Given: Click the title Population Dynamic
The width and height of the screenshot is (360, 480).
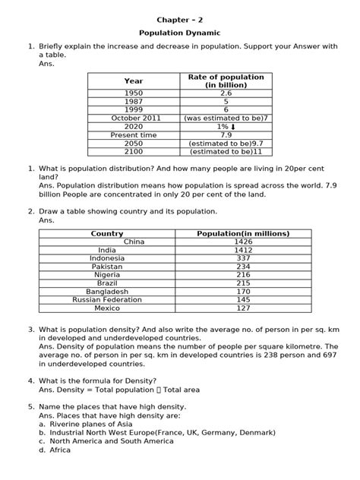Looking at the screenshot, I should tap(179, 34).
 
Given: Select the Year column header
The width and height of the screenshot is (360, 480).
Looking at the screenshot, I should tap(133, 81).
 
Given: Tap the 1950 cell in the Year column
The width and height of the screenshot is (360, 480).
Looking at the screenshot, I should tap(133, 93).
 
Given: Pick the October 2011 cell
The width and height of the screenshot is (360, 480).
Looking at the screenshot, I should tap(133, 118).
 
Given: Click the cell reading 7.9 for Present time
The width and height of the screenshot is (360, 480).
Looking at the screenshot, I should tap(226, 134).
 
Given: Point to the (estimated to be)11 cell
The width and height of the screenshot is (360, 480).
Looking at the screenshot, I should tap(226, 151).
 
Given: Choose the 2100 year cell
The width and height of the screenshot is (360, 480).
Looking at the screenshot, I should tap(133, 151).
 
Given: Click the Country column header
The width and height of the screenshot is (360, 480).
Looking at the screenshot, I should tap(106, 234).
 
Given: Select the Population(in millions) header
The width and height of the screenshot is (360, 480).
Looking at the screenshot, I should tap(243, 234).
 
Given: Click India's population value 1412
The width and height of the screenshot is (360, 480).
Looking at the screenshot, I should tap(243, 250).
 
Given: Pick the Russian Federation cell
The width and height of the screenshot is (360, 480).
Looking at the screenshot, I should tap(107, 299).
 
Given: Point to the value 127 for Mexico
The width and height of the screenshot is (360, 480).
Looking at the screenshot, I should tap(243, 308).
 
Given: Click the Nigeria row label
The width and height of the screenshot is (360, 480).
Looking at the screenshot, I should tap(107, 275).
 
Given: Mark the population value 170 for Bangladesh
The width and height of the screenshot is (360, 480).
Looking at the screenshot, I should tap(243, 292).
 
